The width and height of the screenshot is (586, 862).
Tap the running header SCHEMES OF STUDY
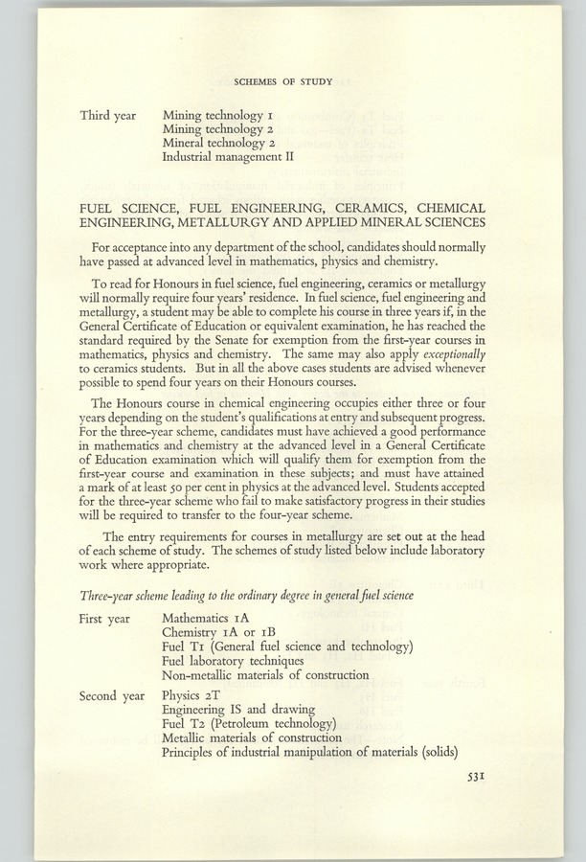pyautogui.click(x=284, y=82)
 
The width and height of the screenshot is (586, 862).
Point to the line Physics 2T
pyautogui.click(x=192, y=695)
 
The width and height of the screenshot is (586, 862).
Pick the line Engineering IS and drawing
pyautogui.click(x=233, y=710)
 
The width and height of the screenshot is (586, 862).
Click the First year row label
pyautogui.click(x=105, y=619)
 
